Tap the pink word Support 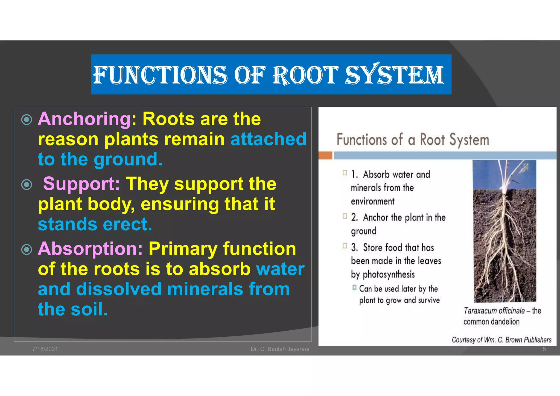(81, 184)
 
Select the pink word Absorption (90, 249)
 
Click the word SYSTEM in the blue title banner (394, 75)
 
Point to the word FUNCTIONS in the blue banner (160, 75)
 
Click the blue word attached (268, 139)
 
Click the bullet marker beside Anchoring (27, 120)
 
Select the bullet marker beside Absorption (27, 249)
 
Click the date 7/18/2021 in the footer (45, 349)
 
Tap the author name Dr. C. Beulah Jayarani (280, 349)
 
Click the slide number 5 (544, 349)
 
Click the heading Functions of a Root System (413, 139)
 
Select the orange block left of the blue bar (325, 155)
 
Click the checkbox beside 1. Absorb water (345, 173)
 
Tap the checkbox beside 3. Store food (345, 246)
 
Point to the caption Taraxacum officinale (494, 311)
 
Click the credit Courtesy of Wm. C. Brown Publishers (501, 340)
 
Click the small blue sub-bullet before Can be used (354, 287)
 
